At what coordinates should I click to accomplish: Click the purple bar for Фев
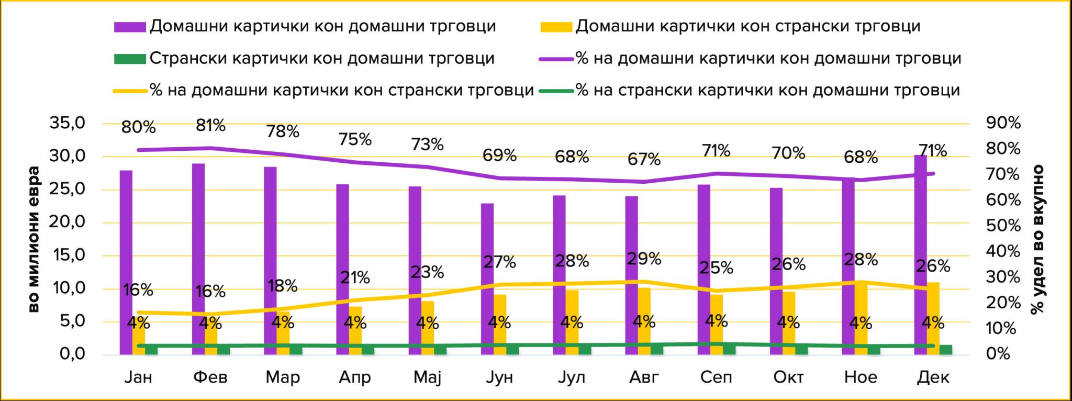(198, 259)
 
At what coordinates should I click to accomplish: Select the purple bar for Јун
(487, 279)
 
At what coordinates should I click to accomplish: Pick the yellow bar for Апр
(355, 330)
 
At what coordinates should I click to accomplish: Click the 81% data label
(211, 126)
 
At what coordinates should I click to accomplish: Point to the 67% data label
(644, 159)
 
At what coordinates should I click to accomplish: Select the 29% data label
(644, 259)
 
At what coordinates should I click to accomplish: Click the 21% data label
(355, 277)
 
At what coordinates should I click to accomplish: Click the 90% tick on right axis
(1003, 124)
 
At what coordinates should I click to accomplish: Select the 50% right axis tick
(1003, 226)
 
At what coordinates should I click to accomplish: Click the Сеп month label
(716, 377)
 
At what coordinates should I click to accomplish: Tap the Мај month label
(428, 377)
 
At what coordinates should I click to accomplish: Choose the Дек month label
(933, 377)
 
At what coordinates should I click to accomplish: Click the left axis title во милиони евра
(33, 239)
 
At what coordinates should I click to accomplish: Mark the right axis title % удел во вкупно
(1037, 239)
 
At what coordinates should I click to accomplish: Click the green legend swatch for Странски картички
(130, 58)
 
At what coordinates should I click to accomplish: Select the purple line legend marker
(556, 59)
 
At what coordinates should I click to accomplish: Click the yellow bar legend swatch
(556, 27)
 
